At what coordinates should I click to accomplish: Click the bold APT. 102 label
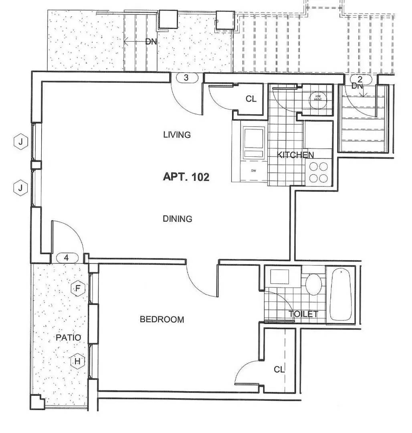(186, 177)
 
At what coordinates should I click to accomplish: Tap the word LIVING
(177, 135)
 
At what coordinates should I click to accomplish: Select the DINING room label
(178, 219)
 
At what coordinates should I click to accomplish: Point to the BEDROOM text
(162, 320)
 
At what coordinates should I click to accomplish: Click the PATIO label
(68, 338)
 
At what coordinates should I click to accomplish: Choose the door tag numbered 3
(186, 78)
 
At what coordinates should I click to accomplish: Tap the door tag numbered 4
(67, 258)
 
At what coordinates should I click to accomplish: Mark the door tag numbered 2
(359, 79)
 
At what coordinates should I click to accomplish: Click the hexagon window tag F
(79, 288)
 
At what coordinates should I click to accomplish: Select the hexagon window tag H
(78, 361)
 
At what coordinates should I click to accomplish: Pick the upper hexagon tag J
(20, 141)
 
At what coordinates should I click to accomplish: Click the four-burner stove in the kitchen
(319, 172)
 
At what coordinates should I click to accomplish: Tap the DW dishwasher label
(254, 171)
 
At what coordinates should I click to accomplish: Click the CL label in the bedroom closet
(279, 370)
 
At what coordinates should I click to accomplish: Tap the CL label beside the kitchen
(251, 99)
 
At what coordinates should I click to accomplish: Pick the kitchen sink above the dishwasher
(254, 142)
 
